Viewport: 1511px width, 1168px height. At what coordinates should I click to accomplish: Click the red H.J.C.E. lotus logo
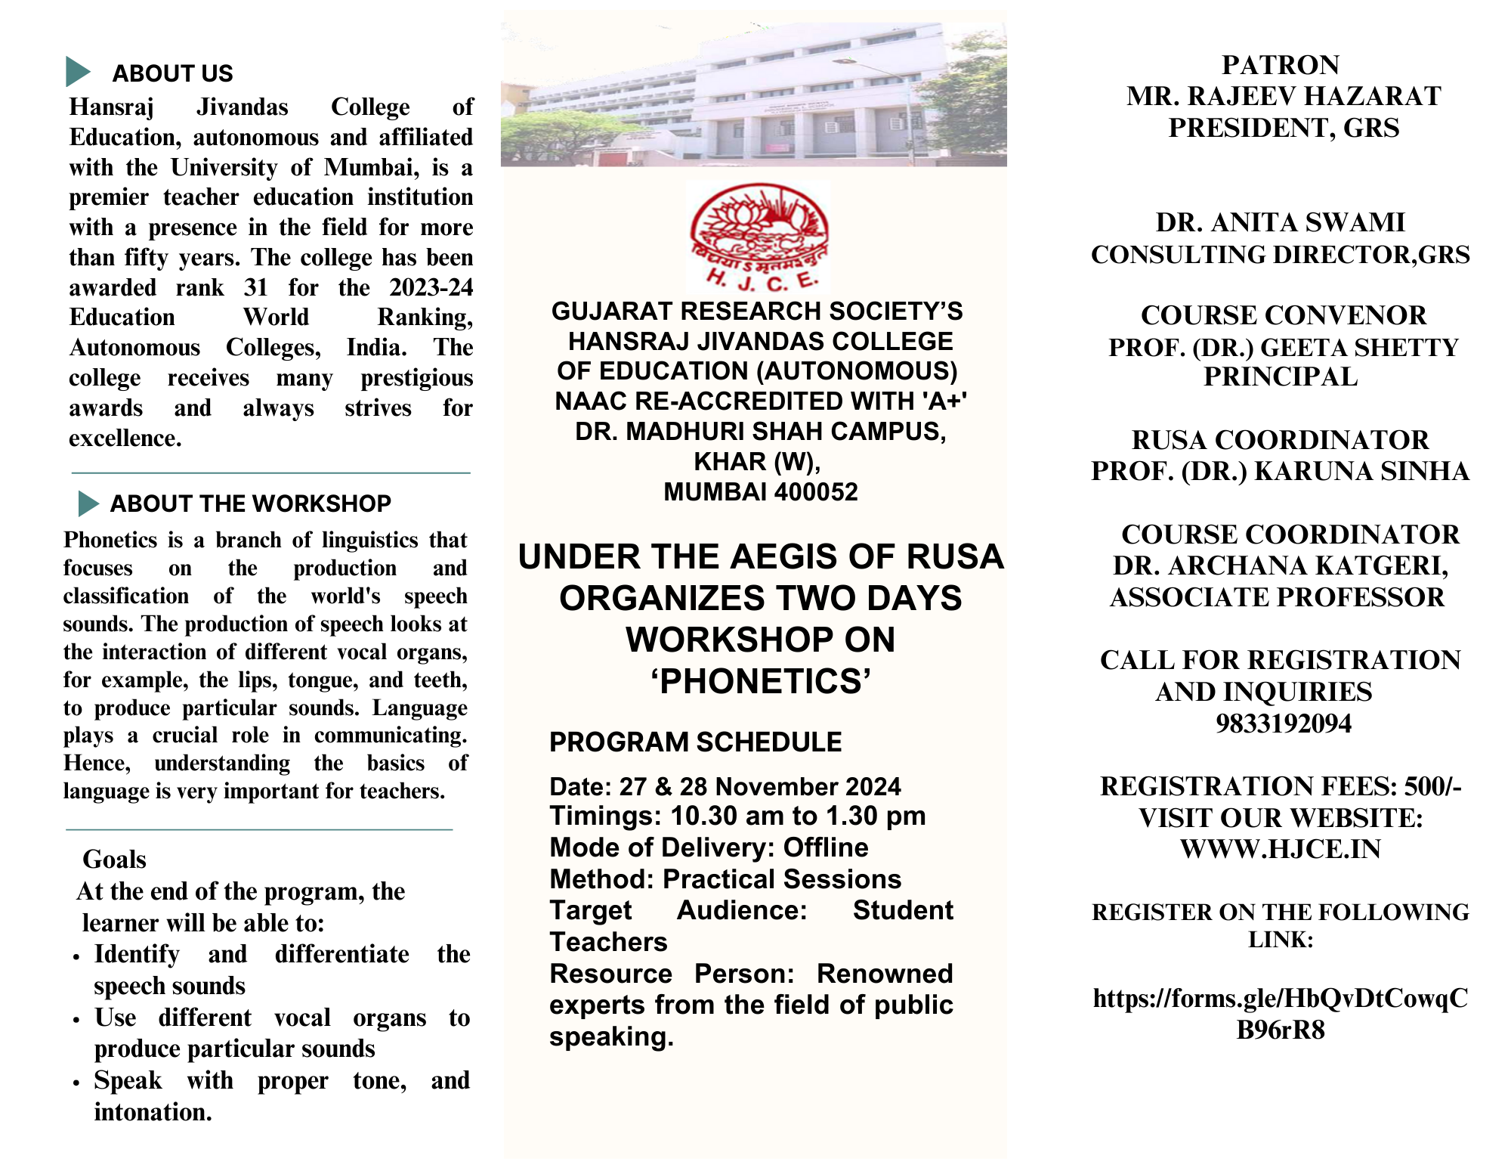pyautogui.click(x=759, y=237)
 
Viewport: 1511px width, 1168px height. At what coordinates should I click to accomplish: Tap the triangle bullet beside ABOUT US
pyautogui.click(x=78, y=72)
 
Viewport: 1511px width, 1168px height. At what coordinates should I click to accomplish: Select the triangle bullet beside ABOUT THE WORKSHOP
pyautogui.click(x=88, y=503)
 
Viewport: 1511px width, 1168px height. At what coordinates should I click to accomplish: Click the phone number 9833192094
pyautogui.click(x=1283, y=723)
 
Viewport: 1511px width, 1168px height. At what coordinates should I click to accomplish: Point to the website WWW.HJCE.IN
pyautogui.click(x=1281, y=849)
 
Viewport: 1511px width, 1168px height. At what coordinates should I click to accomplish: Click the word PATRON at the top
pyautogui.click(x=1281, y=65)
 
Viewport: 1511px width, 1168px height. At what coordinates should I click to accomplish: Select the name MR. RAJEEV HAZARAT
pyautogui.click(x=1284, y=97)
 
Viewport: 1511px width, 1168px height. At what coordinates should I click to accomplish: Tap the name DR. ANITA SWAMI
pyautogui.click(x=1281, y=222)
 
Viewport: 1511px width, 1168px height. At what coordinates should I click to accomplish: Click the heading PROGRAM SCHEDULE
pyautogui.click(x=695, y=742)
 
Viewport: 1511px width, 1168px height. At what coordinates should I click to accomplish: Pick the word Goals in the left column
pyautogui.click(x=114, y=860)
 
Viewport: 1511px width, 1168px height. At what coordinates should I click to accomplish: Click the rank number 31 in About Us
pyautogui.click(x=256, y=287)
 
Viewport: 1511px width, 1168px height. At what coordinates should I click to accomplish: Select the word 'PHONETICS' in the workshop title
pyautogui.click(x=760, y=681)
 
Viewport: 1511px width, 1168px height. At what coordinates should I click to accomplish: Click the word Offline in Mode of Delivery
pyautogui.click(x=826, y=847)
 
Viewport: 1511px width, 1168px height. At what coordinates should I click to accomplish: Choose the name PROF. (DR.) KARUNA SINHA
pyautogui.click(x=1281, y=471)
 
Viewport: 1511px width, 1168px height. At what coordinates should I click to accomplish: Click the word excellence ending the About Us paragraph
pyautogui.click(x=125, y=438)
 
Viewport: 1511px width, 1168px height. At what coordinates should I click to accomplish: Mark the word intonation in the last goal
pyautogui.click(x=152, y=1112)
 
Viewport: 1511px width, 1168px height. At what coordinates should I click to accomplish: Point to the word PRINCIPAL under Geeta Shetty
pyautogui.click(x=1281, y=376)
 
